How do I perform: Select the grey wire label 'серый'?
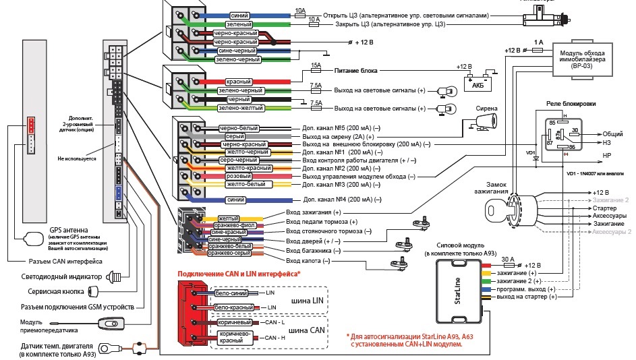pyautogui.click(x=231, y=136)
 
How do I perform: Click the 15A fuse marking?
pyautogui.click(x=315, y=65)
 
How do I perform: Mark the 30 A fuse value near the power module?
pyautogui.click(x=508, y=258)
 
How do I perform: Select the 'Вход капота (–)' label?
pyautogui.click(x=308, y=261)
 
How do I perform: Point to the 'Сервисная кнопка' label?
pyautogui.click(x=52, y=291)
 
